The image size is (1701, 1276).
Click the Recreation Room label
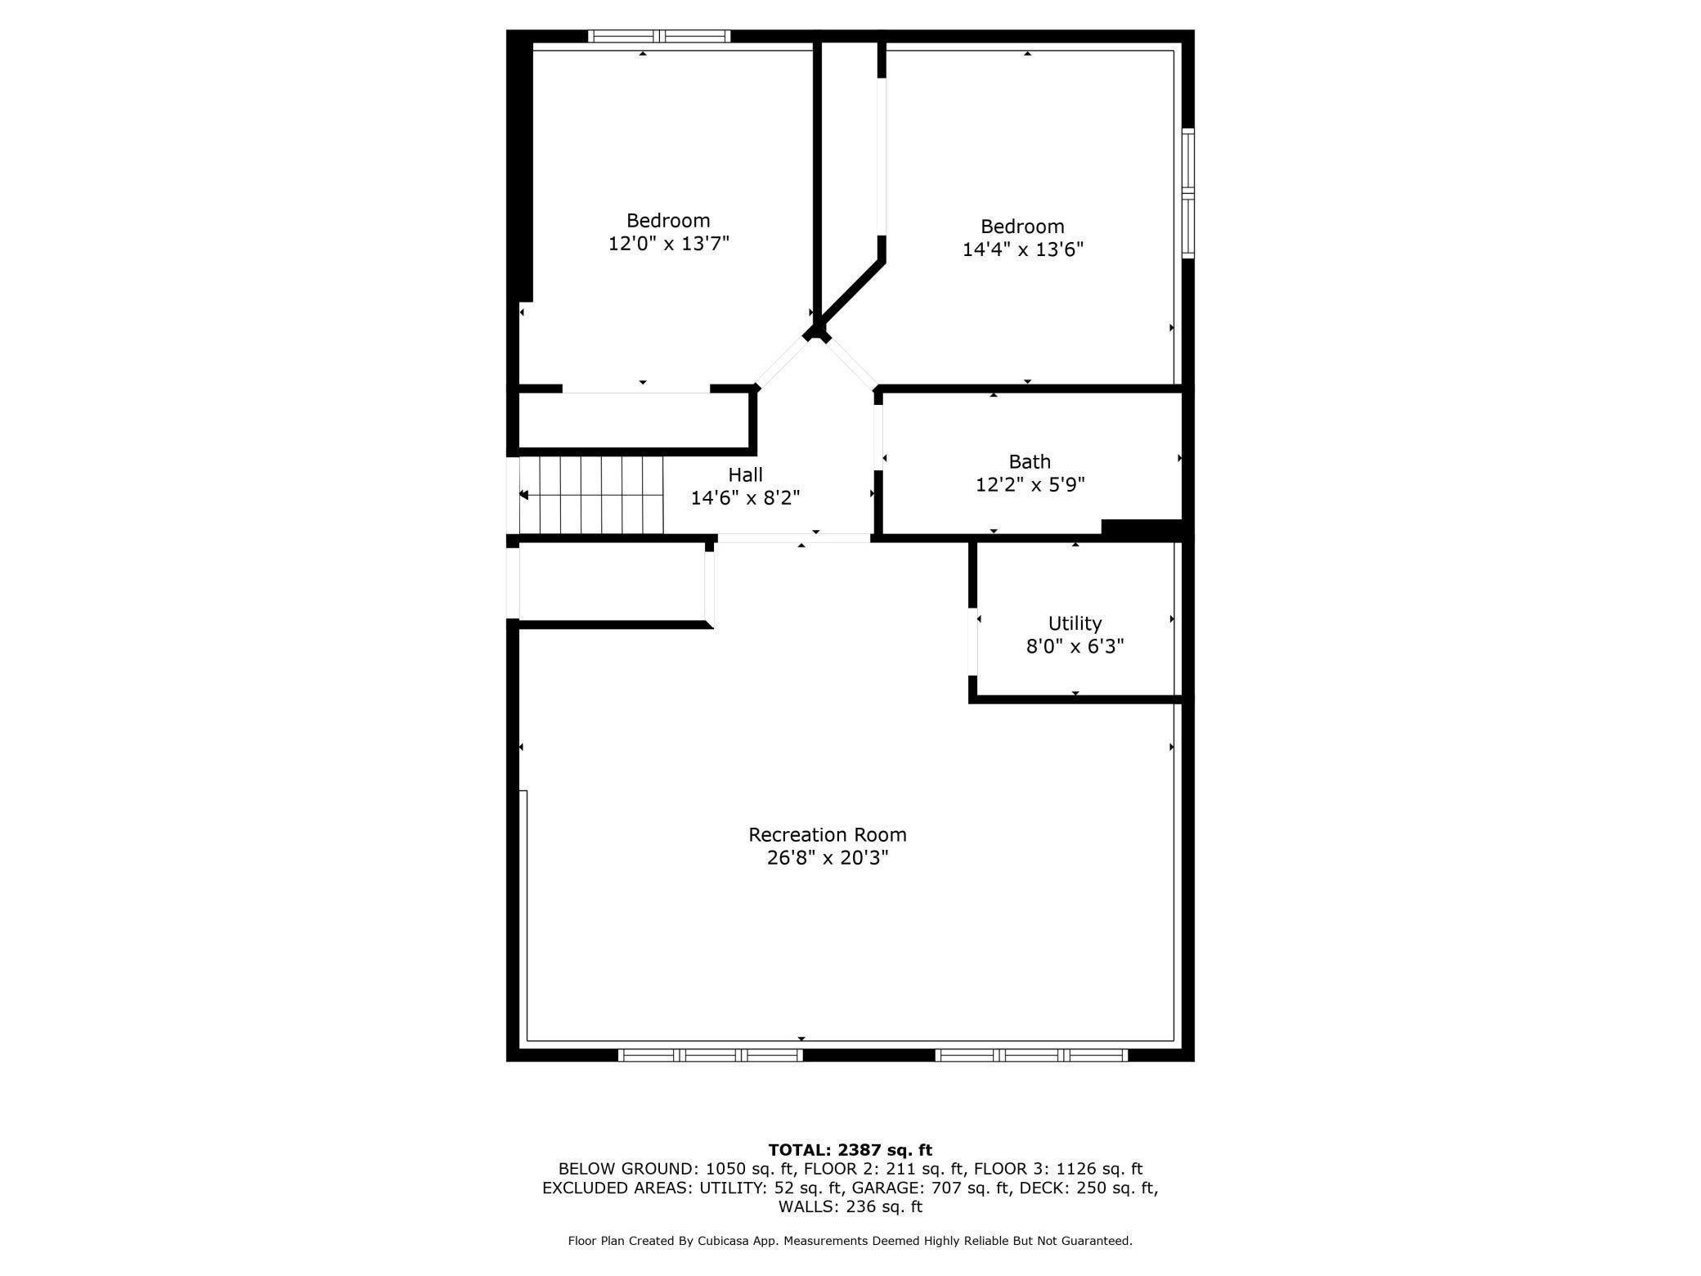(x=827, y=834)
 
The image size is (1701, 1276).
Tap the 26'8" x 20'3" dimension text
(x=827, y=858)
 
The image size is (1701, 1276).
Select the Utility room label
(x=1075, y=623)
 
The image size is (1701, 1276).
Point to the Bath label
(x=1030, y=461)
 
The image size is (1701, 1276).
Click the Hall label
(x=745, y=474)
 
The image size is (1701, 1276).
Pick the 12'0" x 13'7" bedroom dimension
(x=668, y=244)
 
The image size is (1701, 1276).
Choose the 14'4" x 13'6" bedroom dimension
(x=1022, y=249)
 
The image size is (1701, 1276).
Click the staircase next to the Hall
(x=591, y=495)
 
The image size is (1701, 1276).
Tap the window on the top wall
(x=659, y=36)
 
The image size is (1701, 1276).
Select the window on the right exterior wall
(x=1188, y=193)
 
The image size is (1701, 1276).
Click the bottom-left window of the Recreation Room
(x=710, y=1055)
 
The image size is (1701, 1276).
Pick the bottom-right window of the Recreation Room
(x=1031, y=1055)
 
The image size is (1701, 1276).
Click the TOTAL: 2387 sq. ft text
(x=850, y=1150)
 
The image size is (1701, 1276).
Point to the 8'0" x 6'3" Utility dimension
(x=1075, y=647)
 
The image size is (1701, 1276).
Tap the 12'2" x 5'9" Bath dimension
(x=1030, y=485)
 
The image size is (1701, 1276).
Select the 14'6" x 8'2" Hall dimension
(x=745, y=498)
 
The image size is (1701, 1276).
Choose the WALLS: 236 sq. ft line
(x=850, y=1206)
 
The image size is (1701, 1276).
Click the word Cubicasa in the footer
(x=728, y=1241)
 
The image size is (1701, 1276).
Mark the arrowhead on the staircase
(x=524, y=495)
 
